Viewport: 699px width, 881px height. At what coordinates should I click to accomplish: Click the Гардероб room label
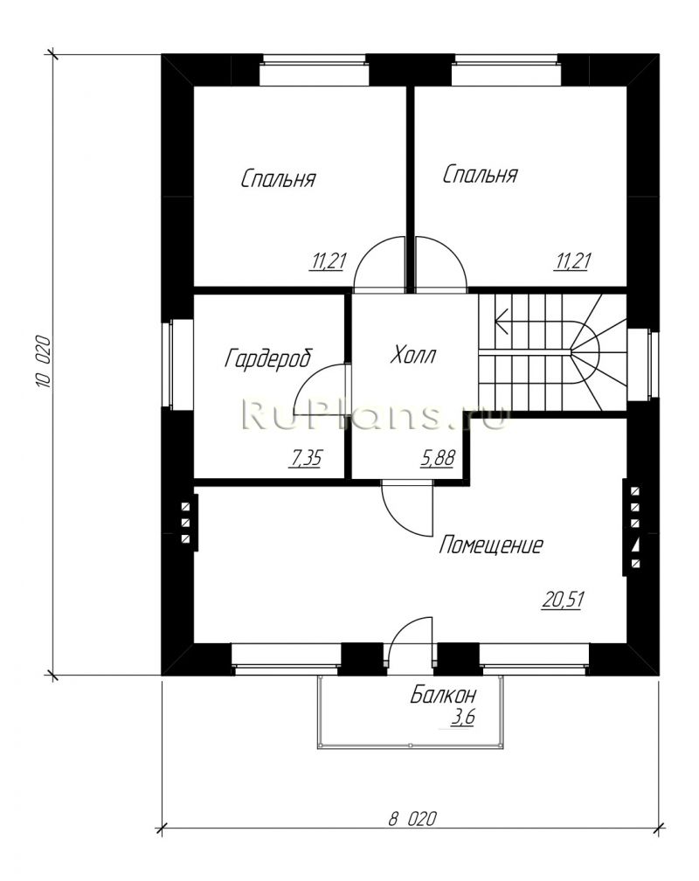[267, 358]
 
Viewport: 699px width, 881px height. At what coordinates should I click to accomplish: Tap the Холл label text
[413, 355]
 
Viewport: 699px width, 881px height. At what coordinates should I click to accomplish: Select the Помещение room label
[490, 545]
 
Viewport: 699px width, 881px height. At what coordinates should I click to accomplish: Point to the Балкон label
[443, 696]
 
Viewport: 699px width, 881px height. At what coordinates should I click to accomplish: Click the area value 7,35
[304, 459]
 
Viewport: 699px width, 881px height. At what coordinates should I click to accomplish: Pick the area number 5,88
[438, 459]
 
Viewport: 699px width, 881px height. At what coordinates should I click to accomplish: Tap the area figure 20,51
[564, 600]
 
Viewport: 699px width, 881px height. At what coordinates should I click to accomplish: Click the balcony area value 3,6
[462, 718]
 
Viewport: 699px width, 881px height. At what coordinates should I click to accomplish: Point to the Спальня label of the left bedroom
[278, 178]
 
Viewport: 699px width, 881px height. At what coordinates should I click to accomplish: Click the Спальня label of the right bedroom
[480, 174]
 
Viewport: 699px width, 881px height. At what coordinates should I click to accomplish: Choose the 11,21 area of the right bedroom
[572, 261]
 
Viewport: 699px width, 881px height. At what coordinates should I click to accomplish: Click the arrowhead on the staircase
[501, 322]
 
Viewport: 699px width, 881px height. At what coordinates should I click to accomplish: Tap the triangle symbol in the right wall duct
[635, 544]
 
